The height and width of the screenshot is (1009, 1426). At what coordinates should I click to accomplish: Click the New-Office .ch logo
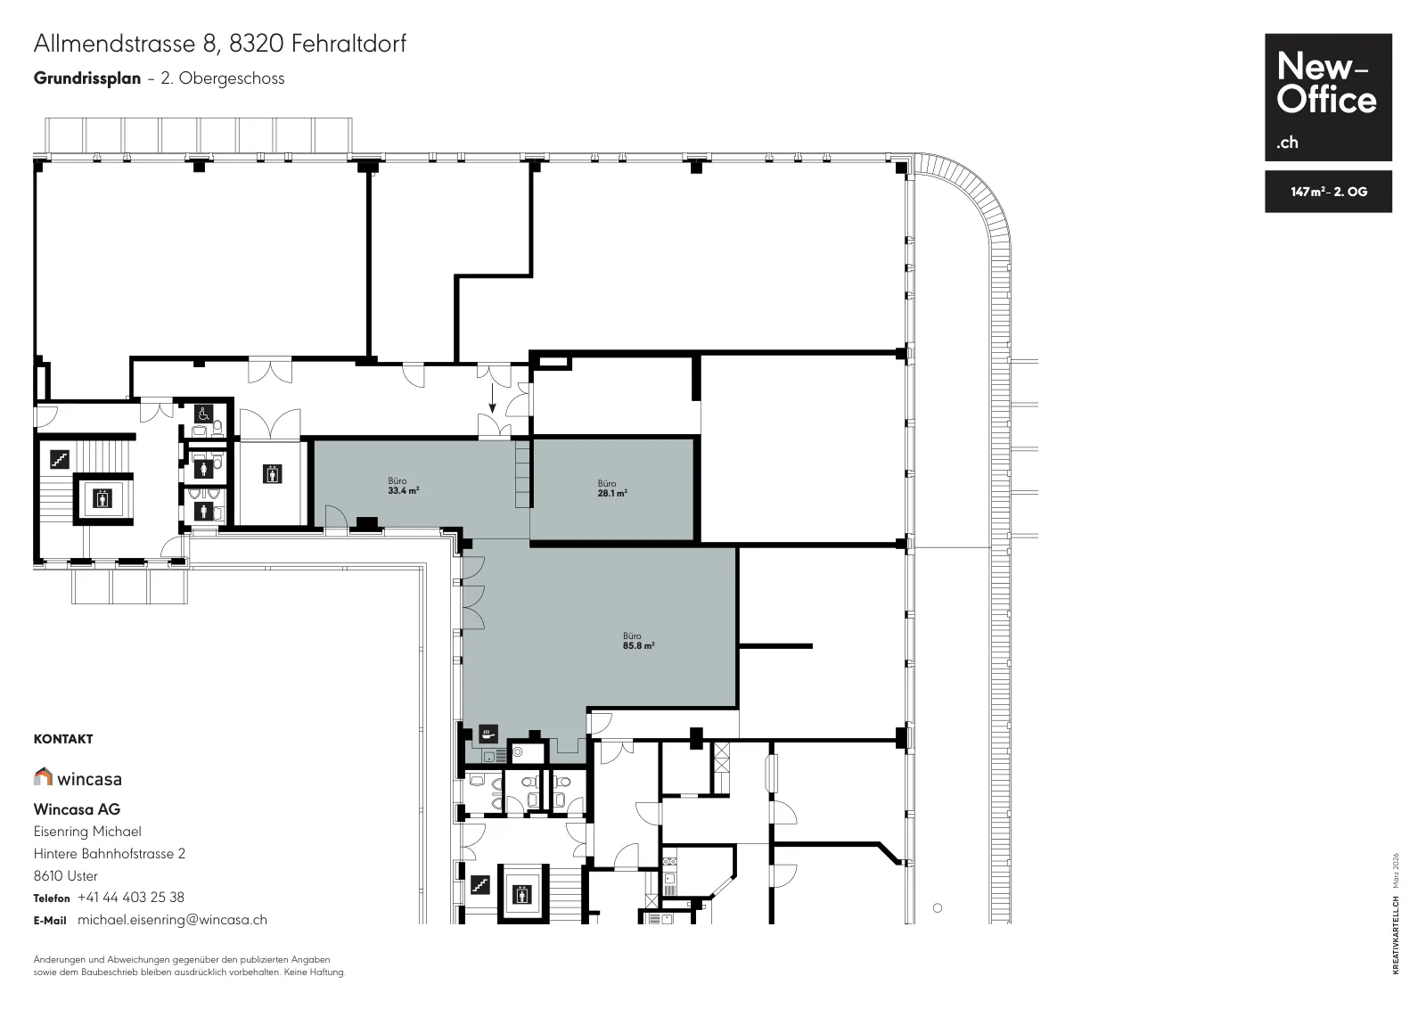1328,97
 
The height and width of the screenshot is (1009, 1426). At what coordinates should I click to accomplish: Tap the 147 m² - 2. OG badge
1328,192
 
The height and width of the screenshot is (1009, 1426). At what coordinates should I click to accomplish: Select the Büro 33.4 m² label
403,486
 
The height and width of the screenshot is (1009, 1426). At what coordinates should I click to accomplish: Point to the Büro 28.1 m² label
611,488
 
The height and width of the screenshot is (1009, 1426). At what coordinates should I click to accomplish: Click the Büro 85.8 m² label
638,640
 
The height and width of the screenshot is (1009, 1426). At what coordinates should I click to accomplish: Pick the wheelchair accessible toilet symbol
204,414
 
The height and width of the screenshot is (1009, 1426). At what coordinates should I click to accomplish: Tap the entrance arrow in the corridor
492,398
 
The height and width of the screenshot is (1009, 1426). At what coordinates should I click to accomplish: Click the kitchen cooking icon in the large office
488,734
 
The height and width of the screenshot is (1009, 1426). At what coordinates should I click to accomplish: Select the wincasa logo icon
44,776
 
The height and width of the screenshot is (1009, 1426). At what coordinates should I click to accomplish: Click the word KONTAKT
63,739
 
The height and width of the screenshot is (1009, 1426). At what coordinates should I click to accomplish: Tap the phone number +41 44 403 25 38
130,897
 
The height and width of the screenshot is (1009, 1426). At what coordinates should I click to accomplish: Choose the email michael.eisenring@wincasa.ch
173,920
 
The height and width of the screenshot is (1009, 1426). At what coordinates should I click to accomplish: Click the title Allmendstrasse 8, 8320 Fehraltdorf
219,44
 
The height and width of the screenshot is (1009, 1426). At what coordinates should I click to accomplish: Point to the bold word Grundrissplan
87,78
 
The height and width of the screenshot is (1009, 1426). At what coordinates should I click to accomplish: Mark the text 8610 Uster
66,875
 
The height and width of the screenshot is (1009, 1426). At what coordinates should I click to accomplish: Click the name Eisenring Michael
87,832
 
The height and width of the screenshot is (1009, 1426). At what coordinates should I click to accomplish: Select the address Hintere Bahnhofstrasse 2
110,854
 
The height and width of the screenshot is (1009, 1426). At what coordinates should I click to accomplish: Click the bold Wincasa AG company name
77,809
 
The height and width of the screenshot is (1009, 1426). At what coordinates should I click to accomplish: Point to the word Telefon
52,898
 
